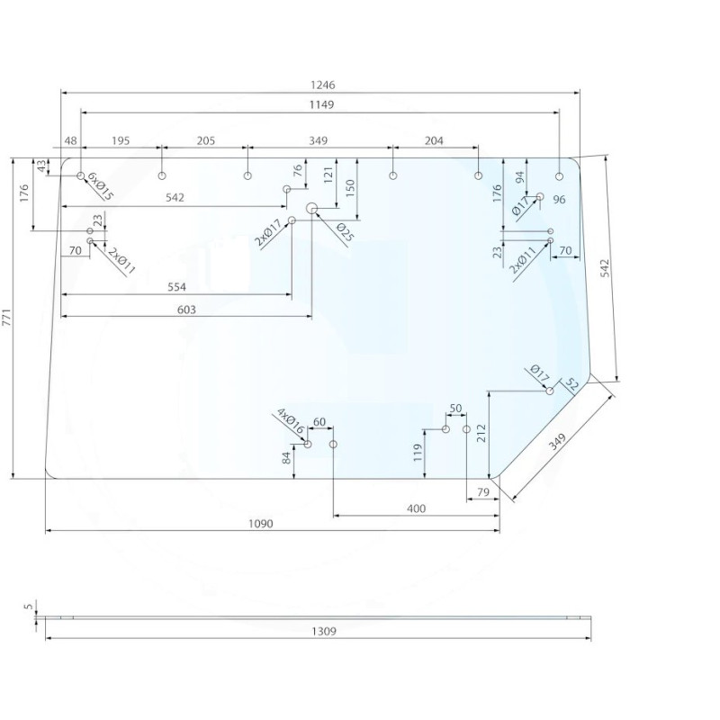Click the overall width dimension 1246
(x=323, y=85)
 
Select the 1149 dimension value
(x=321, y=104)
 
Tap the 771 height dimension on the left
(x=7, y=318)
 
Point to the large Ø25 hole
(x=311, y=209)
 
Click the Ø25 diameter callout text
(x=346, y=232)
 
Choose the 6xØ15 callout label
(x=100, y=186)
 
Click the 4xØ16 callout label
(x=291, y=421)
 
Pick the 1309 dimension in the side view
(x=324, y=632)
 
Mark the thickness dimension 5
(x=29, y=607)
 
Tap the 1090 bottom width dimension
(x=260, y=524)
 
